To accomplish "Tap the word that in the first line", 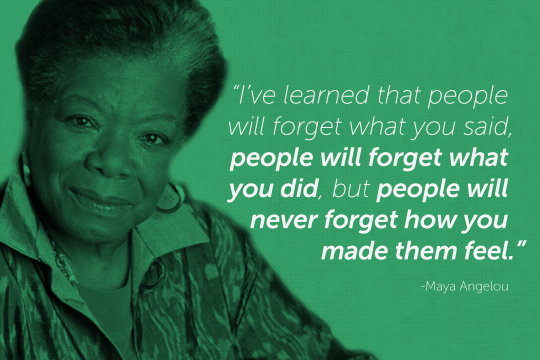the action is [x=398, y=94].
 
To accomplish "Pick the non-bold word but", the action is [x=351, y=188].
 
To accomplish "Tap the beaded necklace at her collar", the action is [x=62, y=256].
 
